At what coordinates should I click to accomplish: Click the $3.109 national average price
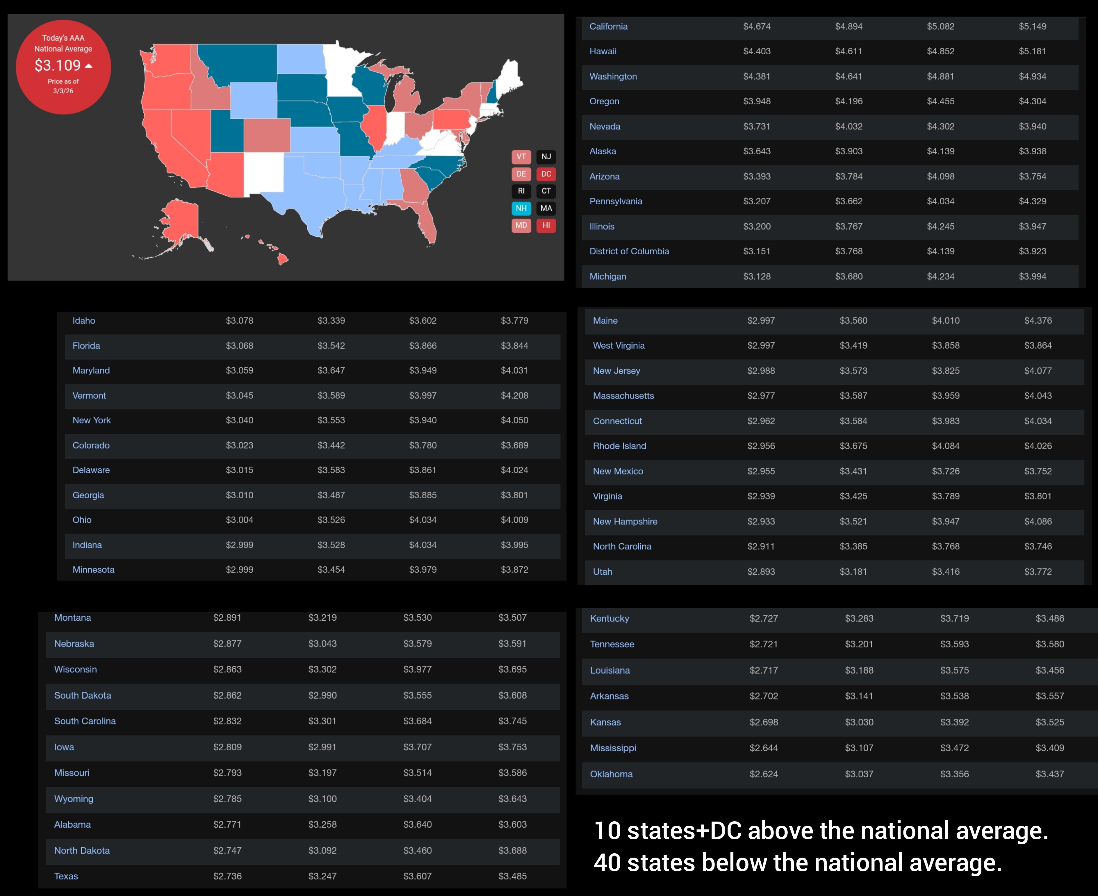pos(58,65)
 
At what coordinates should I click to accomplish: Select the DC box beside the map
pos(546,174)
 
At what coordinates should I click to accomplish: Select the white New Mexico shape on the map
pos(263,173)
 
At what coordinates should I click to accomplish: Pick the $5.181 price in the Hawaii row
pos(1032,51)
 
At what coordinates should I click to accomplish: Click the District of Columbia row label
pos(629,251)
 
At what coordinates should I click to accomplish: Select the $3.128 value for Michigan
pos(756,277)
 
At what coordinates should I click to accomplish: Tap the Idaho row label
pos(84,320)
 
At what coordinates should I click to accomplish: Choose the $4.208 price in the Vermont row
pos(514,395)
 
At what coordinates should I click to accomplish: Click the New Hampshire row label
pos(625,521)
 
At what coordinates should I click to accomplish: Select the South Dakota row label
pos(83,695)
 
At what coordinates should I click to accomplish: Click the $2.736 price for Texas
pos(227,876)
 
